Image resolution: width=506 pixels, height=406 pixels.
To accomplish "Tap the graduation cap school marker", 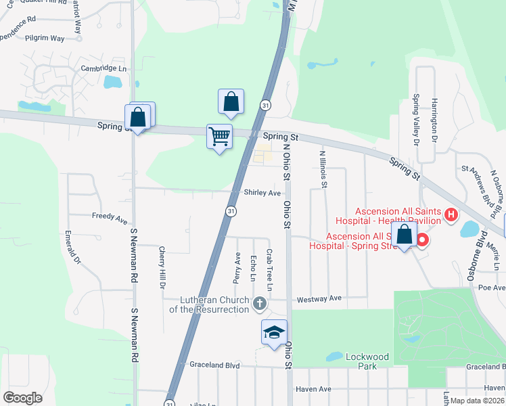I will (x=274, y=333).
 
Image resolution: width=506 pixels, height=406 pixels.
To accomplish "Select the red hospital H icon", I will (x=451, y=217).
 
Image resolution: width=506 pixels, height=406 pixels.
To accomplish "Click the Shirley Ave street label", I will (x=262, y=193).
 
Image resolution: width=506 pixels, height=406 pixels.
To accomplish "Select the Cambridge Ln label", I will (x=103, y=68).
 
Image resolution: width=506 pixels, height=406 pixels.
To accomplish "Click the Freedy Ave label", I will (x=110, y=220).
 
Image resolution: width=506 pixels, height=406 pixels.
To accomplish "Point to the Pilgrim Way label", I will (x=45, y=38).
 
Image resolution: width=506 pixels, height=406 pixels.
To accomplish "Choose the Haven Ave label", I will (x=315, y=389).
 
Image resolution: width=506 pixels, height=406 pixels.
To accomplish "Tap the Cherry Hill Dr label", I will (x=162, y=266).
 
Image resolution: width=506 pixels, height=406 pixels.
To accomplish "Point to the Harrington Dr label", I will (x=434, y=121).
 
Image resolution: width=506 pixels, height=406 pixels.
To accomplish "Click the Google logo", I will (x=22, y=398).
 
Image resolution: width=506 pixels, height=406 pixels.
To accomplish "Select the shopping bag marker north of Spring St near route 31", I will (x=231, y=101).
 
